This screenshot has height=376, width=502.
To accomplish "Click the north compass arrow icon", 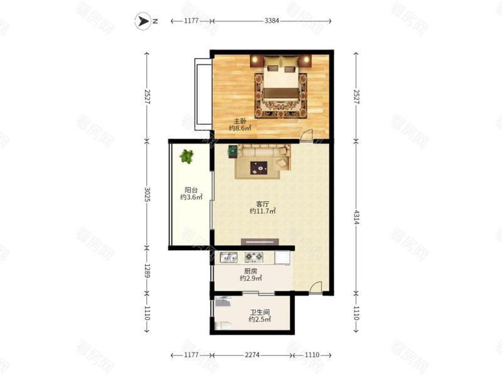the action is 143,21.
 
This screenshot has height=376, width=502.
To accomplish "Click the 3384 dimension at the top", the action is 272,21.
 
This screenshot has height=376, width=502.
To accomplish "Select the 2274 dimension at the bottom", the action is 252,355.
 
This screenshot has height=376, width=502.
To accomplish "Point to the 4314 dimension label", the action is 356,217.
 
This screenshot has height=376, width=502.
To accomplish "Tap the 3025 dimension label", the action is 147,194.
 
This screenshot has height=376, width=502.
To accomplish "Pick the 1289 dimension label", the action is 147,270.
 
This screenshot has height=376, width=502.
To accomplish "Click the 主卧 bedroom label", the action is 240,121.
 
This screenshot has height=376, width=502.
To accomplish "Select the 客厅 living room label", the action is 262,204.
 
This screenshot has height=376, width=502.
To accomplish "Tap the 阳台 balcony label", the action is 191,190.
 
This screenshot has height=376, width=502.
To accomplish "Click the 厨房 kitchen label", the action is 250,271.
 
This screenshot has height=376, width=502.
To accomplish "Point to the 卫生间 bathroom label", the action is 260,312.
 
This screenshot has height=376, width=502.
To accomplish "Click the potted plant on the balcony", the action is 186,156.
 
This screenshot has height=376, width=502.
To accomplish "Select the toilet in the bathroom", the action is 223,325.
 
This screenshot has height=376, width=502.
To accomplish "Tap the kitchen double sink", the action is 228,257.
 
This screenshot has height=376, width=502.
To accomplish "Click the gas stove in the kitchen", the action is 254,257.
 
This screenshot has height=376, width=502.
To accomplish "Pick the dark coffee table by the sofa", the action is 259,168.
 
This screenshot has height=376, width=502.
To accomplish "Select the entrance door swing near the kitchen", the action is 316,286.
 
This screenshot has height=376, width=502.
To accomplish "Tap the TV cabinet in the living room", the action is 260,242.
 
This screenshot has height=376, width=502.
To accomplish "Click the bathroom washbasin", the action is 223,301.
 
